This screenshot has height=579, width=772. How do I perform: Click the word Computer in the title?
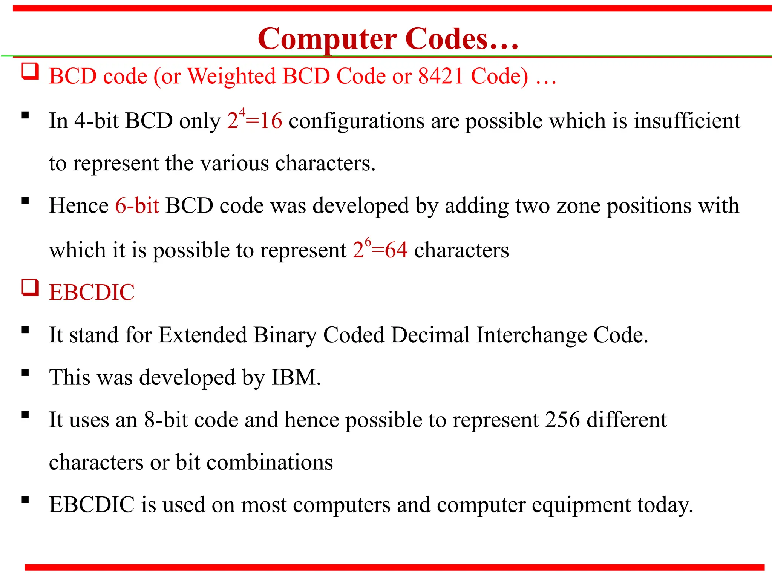pos(327,39)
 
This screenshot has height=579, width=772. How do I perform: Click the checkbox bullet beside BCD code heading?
pos(30,71)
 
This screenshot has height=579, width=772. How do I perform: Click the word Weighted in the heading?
pos(232,76)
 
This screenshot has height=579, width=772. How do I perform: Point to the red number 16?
pos(271,121)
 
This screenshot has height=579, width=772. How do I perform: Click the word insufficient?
pos(687,121)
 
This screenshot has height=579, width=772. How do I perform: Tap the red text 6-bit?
pos(137,206)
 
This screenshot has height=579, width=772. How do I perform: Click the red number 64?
pos(396,250)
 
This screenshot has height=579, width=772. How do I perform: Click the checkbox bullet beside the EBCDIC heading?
pos(30,288)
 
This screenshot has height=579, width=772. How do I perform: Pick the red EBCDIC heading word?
pos(92,293)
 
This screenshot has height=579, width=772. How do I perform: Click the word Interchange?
pos(532,335)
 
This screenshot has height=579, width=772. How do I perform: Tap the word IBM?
pos(296,377)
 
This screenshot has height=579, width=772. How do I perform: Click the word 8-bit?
pos(166,420)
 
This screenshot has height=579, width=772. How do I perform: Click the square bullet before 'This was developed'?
pos(25,373)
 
